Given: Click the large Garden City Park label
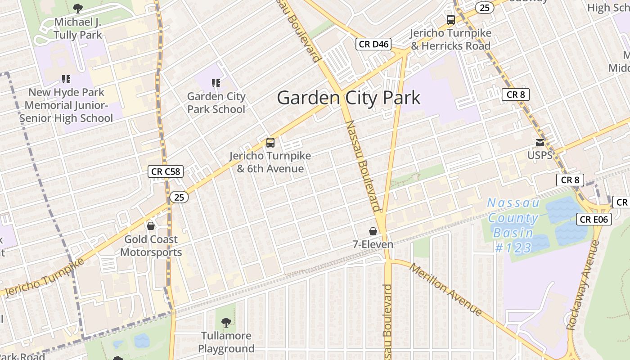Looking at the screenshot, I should (x=349, y=98).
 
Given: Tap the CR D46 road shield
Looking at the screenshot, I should (x=373, y=44).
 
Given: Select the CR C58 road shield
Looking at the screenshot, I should (x=166, y=171).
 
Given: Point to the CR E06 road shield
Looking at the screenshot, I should (x=594, y=219).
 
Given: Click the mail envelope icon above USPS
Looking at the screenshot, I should (x=540, y=143).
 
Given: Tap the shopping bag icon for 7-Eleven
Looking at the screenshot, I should (x=373, y=231).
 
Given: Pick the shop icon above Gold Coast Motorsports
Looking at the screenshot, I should (x=151, y=225).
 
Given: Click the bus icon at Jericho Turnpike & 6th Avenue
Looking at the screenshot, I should (x=270, y=143).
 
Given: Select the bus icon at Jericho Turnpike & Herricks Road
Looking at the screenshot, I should (x=450, y=20).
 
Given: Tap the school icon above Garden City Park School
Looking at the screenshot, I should (x=216, y=83).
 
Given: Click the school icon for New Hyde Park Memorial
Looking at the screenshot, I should (x=66, y=80).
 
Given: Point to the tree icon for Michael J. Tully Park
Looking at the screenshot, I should (x=78, y=8).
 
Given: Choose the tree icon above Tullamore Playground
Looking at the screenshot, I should (x=226, y=322).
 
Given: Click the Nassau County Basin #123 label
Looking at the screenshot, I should (x=513, y=225).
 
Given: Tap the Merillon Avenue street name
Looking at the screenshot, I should (x=445, y=289).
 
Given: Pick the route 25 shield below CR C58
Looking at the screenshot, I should (x=179, y=197).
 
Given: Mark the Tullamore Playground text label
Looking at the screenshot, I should (x=226, y=342).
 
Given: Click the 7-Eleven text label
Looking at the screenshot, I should (x=373, y=244).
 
